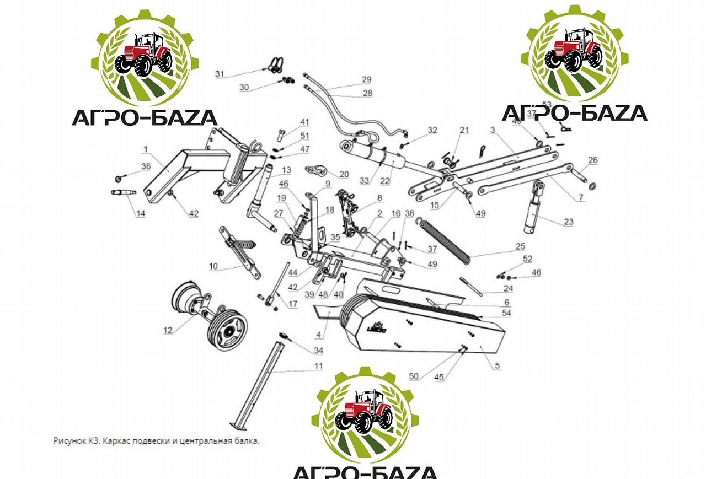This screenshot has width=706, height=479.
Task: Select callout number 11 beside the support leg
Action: tap(319, 366)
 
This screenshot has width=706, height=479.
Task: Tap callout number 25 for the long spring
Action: tap(520, 246)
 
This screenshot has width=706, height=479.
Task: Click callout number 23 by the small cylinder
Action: tap(568, 222)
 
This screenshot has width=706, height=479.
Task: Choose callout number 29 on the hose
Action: tap(366, 80)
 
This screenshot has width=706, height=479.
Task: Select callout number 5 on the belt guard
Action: tap(498, 365)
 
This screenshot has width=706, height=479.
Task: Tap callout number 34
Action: tap(318, 351)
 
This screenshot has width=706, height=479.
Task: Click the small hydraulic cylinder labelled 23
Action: tap(533, 209)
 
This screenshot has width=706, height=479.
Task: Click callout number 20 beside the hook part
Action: tap(344, 174)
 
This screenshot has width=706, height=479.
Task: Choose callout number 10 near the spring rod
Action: tap(213, 267)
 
